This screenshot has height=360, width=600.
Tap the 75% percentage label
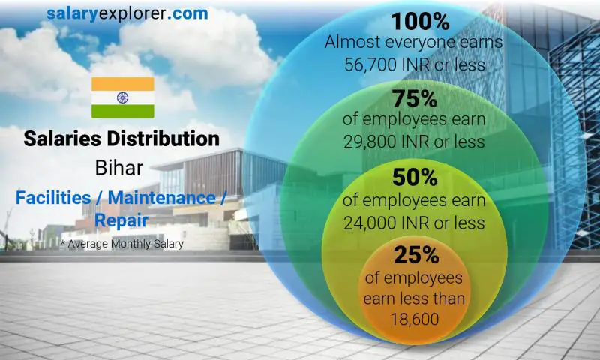pos(414,99)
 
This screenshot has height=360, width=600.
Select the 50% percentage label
pos(414,178)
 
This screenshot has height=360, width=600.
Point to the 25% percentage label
pos(414,255)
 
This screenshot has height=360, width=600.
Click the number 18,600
pos(414,319)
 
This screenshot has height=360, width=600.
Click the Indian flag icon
pos(122,97)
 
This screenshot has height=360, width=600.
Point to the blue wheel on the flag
pos(122,97)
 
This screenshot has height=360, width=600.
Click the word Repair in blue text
pos(121,220)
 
